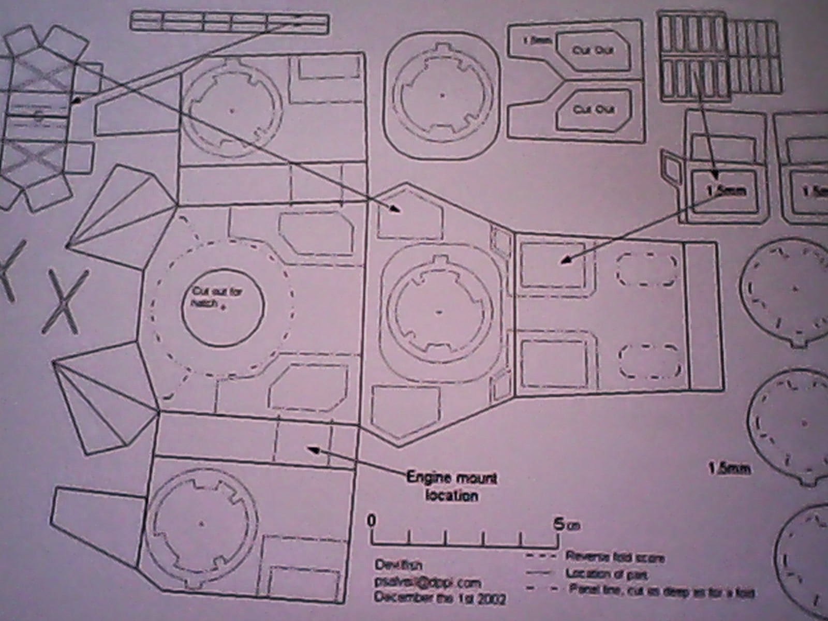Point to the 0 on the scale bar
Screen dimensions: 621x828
371,521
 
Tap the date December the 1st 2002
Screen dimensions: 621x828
439,598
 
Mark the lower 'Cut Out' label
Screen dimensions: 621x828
589,109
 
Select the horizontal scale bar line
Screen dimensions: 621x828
465,545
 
